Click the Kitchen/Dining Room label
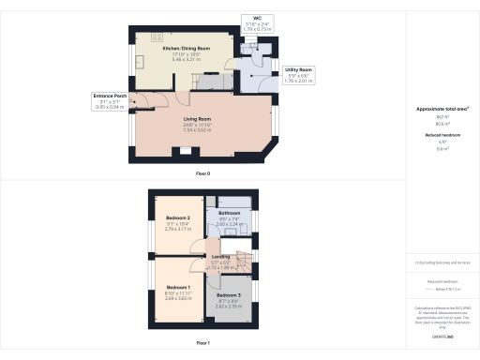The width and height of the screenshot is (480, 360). [x=186, y=47]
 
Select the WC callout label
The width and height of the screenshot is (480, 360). [x=256, y=18]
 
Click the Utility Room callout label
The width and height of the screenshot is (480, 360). [x=299, y=70]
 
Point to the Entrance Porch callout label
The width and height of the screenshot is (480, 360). [x=109, y=96]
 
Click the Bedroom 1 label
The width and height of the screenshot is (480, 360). [x=178, y=287]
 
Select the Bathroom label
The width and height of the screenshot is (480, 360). [x=230, y=213]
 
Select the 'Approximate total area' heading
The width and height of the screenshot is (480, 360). [x=442, y=109]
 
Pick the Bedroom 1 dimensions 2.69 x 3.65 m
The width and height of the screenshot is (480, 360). [x=178, y=299]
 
